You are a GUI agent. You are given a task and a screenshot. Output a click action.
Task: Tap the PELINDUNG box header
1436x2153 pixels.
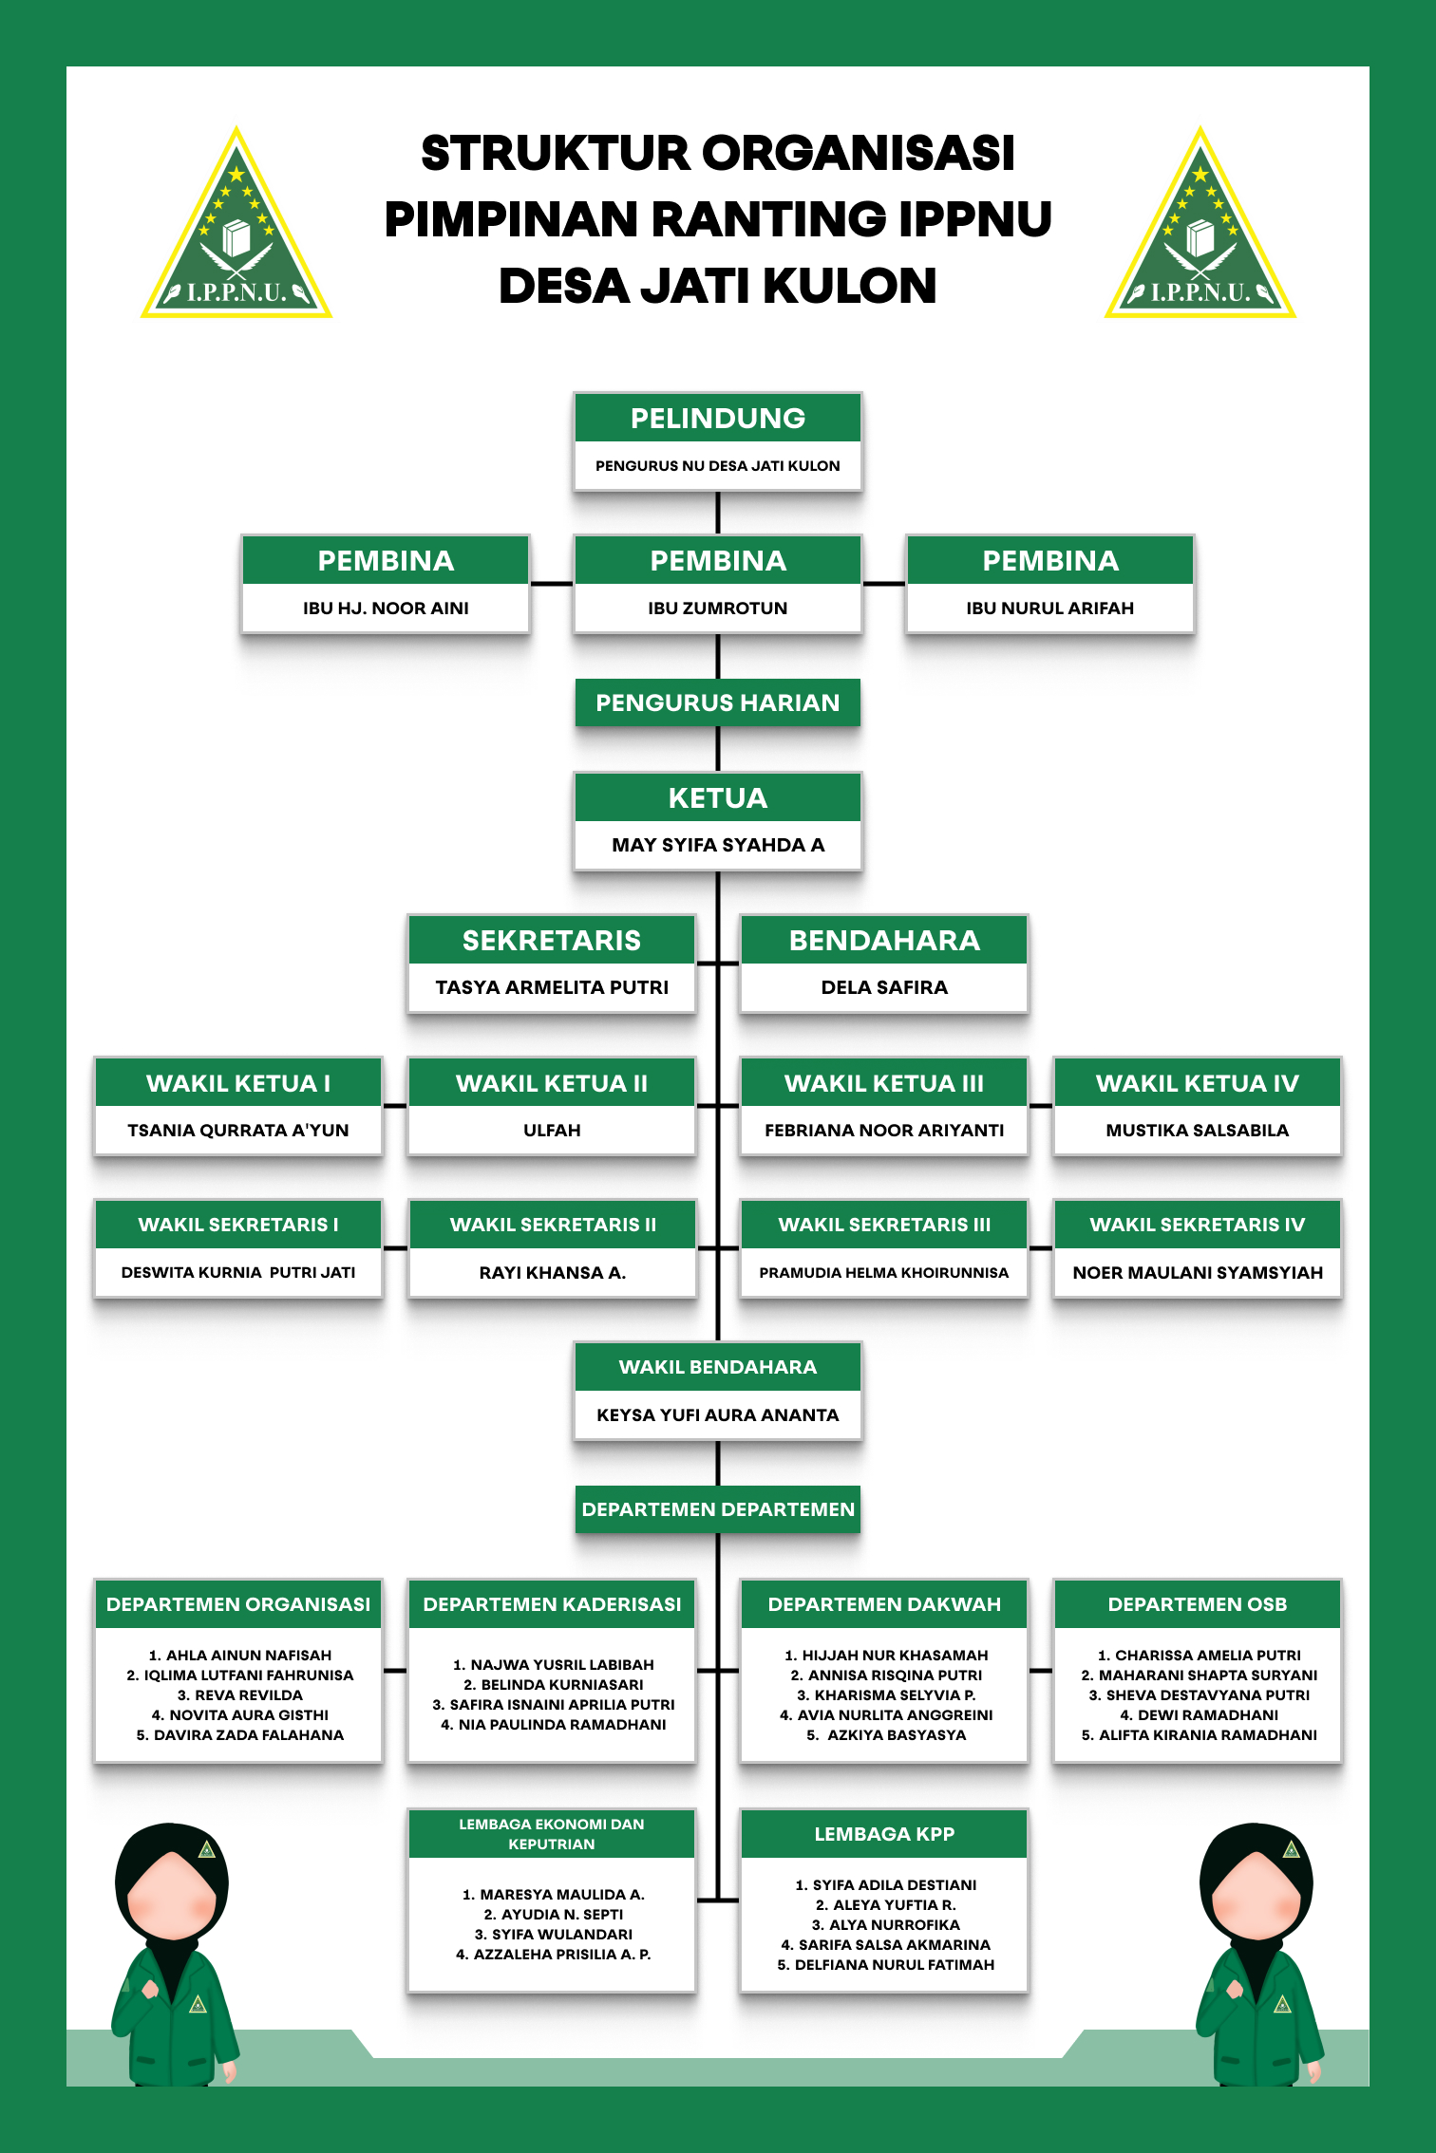tap(718, 419)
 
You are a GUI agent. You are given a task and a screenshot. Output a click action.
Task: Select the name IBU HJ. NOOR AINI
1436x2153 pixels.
tap(386, 608)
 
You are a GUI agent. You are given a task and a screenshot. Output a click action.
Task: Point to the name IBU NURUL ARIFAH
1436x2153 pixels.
tap(1049, 608)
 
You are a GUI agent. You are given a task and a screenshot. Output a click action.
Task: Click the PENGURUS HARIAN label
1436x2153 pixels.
tap(718, 702)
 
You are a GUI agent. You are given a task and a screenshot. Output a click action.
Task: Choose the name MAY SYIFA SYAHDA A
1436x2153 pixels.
tap(718, 845)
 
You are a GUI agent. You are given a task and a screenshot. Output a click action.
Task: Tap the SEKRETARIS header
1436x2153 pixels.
tap(552, 941)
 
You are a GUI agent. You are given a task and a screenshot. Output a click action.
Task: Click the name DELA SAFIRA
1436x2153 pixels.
tap(884, 987)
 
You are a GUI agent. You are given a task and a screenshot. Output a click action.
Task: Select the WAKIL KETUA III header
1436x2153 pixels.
tap(884, 1083)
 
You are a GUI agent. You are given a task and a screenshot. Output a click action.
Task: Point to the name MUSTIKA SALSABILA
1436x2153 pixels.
tap(1197, 1131)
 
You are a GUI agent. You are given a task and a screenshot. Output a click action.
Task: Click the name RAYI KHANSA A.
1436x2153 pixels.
tap(552, 1273)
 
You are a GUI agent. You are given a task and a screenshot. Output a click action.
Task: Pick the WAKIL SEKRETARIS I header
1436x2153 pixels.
tap(238, 1225)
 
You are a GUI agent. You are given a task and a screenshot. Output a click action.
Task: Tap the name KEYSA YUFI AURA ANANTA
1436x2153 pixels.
tap(718, 1415)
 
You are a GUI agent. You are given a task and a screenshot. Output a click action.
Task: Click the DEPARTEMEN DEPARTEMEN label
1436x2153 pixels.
tap(718, 1509)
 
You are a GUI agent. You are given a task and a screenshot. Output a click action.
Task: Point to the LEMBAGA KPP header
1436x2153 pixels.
tap(884, 1834)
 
